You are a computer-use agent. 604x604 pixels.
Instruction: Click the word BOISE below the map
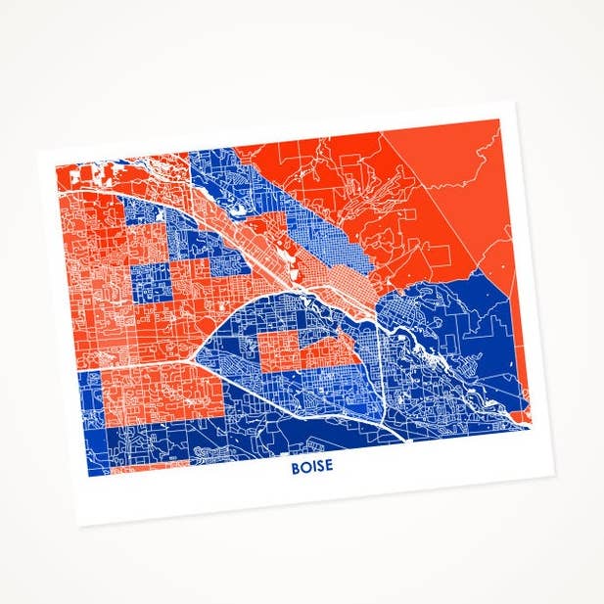point(311,467)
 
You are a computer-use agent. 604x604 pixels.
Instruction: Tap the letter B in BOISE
point(295,468)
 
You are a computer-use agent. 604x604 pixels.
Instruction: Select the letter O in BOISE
point(304,468)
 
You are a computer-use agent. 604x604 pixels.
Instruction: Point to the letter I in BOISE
point(312,467)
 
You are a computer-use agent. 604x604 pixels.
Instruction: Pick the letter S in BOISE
point(319,467)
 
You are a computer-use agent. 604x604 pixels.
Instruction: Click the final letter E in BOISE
point(328,466)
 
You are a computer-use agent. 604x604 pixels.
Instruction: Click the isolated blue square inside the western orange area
point(150,282)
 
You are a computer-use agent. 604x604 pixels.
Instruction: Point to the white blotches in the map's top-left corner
point(98,173)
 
